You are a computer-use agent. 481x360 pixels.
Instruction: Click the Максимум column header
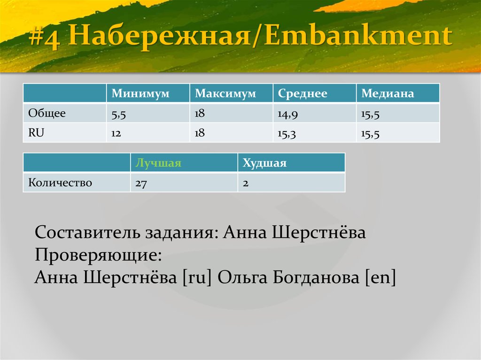[225, 94]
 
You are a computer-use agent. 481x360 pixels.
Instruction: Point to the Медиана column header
[388, 94]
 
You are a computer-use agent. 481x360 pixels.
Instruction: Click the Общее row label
[47, 113]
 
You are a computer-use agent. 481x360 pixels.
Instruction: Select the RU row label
[36, 133]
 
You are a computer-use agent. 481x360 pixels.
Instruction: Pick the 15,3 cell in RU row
[286, 134]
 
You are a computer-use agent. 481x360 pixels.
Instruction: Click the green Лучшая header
[158, 163]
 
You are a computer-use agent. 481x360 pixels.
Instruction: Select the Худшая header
[264, 163]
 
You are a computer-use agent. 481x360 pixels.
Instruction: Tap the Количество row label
[60, 183]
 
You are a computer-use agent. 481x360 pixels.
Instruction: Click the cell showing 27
[141, 183]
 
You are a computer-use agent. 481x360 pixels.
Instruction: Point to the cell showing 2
[246, 183]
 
